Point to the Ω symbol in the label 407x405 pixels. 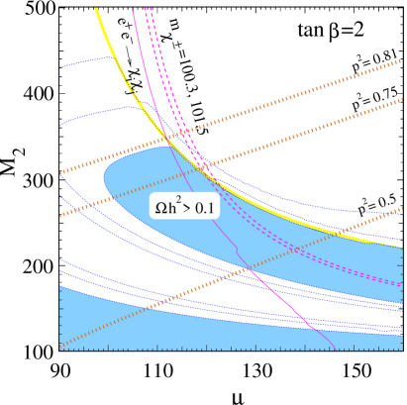[160, 209]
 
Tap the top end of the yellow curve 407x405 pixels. [97, 9]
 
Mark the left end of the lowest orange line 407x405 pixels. [61, 347]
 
